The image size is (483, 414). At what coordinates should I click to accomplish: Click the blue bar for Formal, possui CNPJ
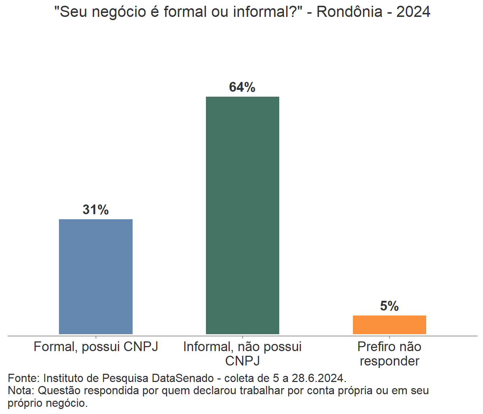96,276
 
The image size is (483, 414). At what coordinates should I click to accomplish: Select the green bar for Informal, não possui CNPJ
242,215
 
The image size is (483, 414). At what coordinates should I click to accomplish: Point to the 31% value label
96,210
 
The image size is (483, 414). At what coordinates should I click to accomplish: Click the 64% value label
242,87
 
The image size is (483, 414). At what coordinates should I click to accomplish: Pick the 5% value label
389,306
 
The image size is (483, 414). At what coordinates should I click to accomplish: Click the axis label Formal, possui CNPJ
96,347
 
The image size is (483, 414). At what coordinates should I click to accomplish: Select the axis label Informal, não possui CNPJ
242,354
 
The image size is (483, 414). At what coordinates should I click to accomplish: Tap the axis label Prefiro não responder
389,354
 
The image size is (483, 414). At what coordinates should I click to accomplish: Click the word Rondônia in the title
349,12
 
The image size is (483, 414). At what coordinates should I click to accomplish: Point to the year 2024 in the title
413,12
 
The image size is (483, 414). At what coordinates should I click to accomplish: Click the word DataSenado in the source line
183,378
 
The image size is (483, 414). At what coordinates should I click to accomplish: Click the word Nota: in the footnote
21,390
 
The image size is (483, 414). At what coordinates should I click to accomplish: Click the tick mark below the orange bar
390,337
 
